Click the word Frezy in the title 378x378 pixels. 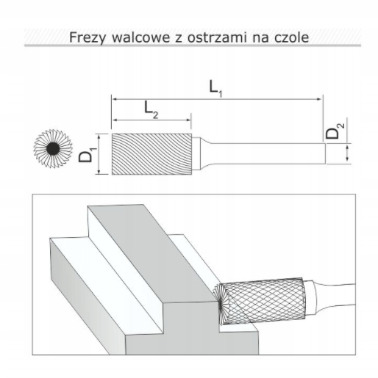point(88,38)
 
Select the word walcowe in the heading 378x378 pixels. point(141,37)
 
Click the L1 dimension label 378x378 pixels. point(215,89)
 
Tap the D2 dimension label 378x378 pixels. point(335,131)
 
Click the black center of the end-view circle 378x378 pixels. point(53,148)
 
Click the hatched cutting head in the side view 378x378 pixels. point(151,154)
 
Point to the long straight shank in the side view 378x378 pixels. point(268,153)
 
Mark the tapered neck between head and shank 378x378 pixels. point(205,153)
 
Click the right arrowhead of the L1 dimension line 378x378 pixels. point(319,99)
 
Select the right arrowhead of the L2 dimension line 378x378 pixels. point(189,120)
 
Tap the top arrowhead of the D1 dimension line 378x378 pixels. point(99,136)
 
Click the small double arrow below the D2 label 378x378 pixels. point(347,153)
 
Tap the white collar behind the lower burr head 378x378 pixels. point(310,298)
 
